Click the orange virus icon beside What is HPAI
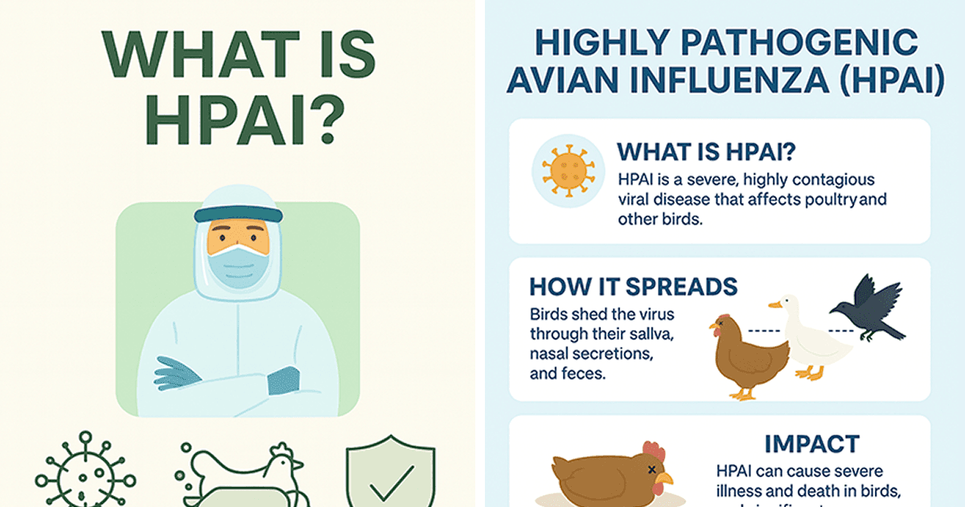point(568,171)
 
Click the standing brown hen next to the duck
point(745,354)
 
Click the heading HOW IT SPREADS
point(634,287)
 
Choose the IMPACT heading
point(811,443)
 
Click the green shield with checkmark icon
point(390,475)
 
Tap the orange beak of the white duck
point(774,305)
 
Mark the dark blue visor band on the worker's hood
point(238,214)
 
